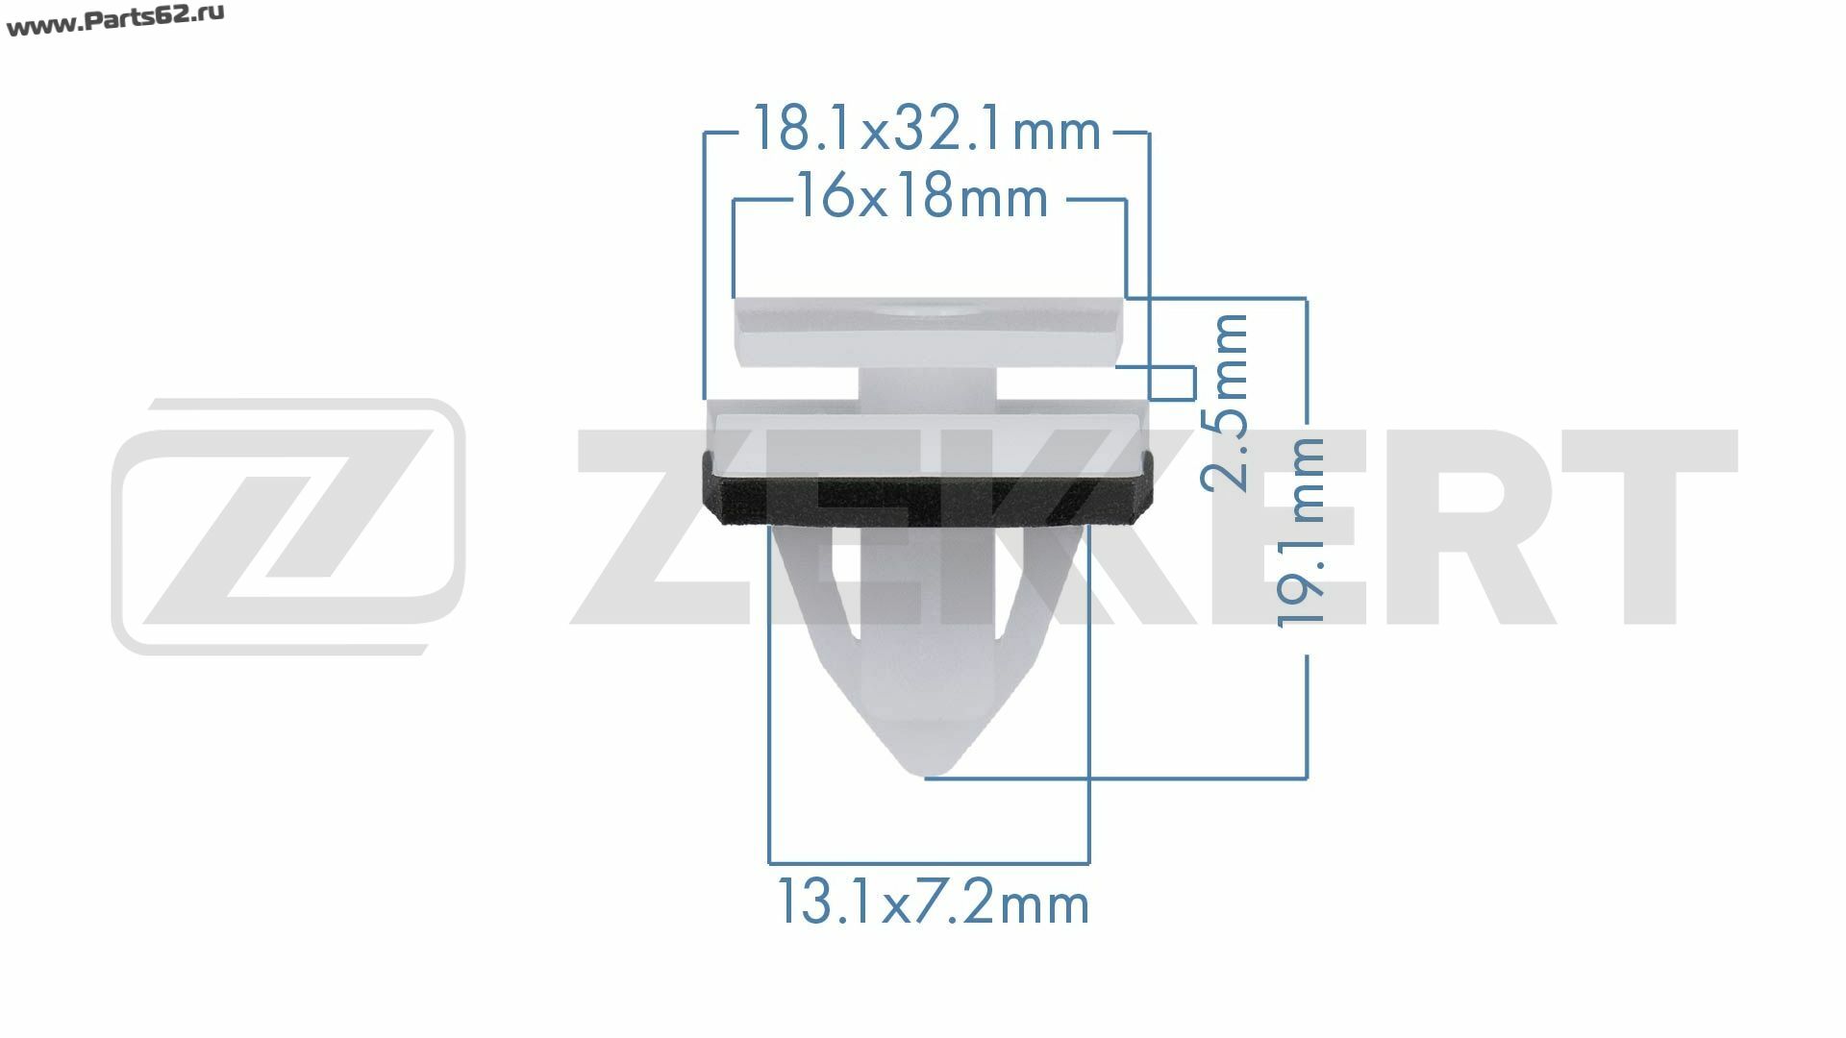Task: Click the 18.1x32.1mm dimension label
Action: click(x=926, y=130)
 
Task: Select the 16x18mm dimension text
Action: click(x=922, y=198)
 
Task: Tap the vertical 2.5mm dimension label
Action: click(x=1226, y=402)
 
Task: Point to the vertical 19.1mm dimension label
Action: click(x=1301, y=532)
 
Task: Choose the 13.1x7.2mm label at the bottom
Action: click(x=932, y=904)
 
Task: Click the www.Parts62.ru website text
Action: click(x=115, y=20)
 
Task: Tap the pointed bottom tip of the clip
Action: click(x=924, y=774)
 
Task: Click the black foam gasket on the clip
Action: click(x=924, y=488)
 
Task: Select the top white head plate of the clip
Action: click(x=928, y=332)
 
